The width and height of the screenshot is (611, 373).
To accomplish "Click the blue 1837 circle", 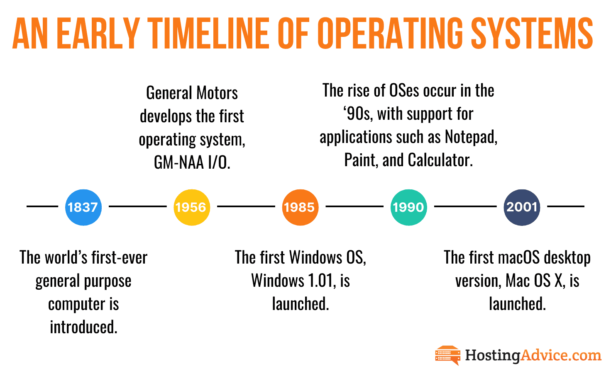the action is pos(83,207).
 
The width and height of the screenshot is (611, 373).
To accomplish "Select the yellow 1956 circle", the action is pos(192,207).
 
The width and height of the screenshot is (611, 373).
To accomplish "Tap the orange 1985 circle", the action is pos(300,207).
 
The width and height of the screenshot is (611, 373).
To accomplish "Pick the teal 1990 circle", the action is pos(408,207).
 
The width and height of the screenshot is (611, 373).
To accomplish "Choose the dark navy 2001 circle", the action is pos(522,207).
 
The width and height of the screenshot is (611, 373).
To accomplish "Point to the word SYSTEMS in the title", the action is pos(532,33).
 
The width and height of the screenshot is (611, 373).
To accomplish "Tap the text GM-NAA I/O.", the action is pos(192,162).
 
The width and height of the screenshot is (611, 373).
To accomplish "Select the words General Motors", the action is pos(192,93).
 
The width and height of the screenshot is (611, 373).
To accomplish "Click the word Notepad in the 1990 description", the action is pos(471,137).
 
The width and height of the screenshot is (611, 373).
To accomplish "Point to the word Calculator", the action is pos(440,160).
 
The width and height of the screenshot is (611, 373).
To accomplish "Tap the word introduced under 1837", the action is pos(83,327).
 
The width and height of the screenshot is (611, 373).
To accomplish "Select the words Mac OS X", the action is pos(535,281).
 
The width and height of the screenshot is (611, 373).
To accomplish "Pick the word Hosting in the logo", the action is pos(492,356).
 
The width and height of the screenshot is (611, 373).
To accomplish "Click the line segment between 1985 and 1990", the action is pos(354,206).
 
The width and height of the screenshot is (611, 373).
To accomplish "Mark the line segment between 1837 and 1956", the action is pos(138,206).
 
